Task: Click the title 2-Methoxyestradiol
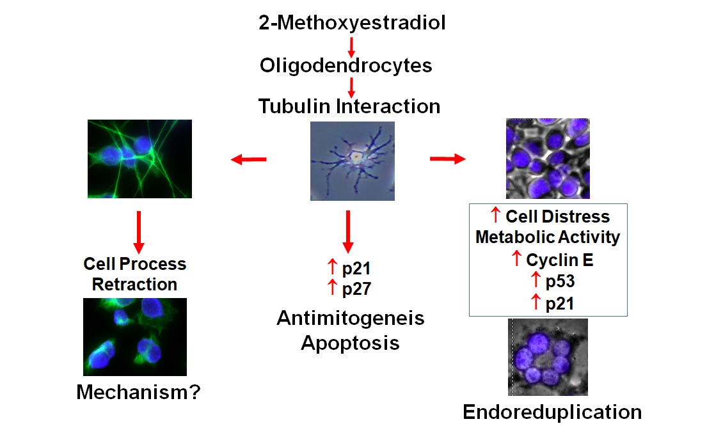pyautogui.click(x=352, y=24)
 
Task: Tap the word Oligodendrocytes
pyautogui.click(x=346, y=65)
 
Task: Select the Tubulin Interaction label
pyautogui.click(x=349, y=106)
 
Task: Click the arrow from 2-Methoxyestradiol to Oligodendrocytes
pyautogui.click(x=351, y=46)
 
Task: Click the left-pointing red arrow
pyautogui.click(x=248, y=160)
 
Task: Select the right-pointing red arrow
pyautogui.click(x=447, y=159)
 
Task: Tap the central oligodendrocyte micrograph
pyautogui.click(x=352, y=161)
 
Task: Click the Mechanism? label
pyautogui.click(x=138, y=391)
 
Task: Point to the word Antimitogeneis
pyautogui.click(x=351, y=318)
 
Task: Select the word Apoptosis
pyautogui.click(x=350, y=343)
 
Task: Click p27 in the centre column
pyautogui.click(x=356, y=288)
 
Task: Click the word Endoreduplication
pyautogui.click(x=552, y=412)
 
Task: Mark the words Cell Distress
pyautogui.click(x=557, y=216)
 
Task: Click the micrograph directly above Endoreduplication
pyautogui.click(x=548, y=357)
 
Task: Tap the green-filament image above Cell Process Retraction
pyautogui.click(x=140, y=159)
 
